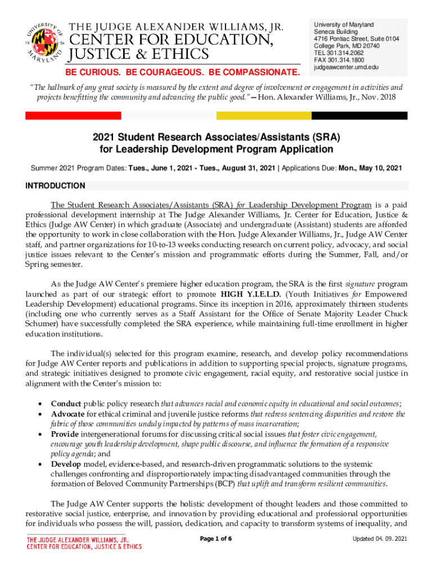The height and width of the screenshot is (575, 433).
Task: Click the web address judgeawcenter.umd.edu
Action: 346,67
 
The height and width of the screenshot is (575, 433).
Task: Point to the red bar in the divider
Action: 73,115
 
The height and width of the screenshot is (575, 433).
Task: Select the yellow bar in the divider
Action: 264,115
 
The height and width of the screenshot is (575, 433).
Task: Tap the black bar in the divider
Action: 359,115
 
